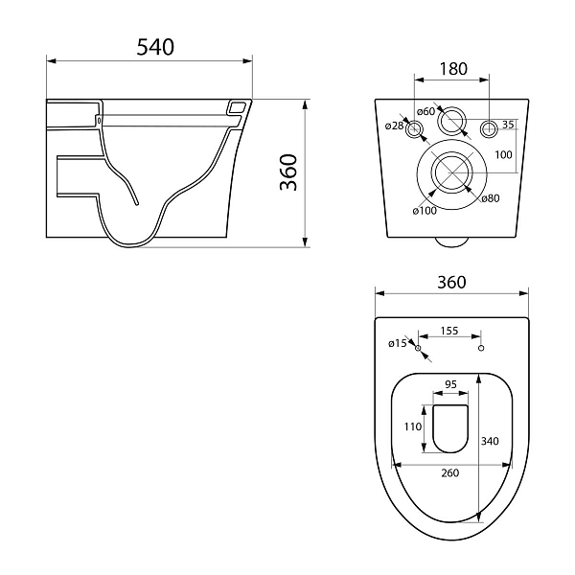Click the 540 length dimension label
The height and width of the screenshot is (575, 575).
[155, 47]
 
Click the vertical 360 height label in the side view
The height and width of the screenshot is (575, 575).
[288, 172]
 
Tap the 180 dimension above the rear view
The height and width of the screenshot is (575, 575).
[453, 69]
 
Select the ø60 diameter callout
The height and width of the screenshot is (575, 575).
[425, 111]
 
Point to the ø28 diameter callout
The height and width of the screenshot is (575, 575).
[394, 126]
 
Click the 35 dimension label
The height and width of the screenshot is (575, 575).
[508, 125]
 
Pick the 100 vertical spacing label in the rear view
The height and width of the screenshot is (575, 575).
[503, 154]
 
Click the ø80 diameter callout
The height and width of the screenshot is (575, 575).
[491, 198]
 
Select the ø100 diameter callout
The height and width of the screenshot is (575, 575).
[425, 211]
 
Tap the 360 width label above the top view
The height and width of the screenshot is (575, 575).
[451, 282]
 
